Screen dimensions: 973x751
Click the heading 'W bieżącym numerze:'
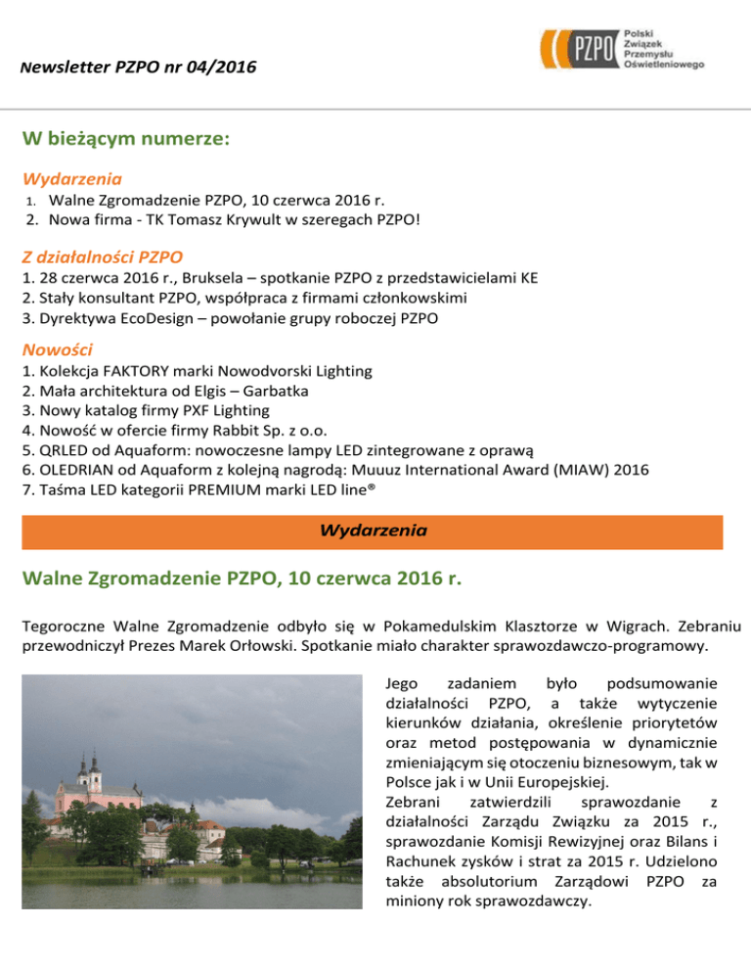point(126,139)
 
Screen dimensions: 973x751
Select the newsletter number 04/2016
point(224,67)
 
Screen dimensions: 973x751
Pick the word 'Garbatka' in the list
point(278,392)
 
